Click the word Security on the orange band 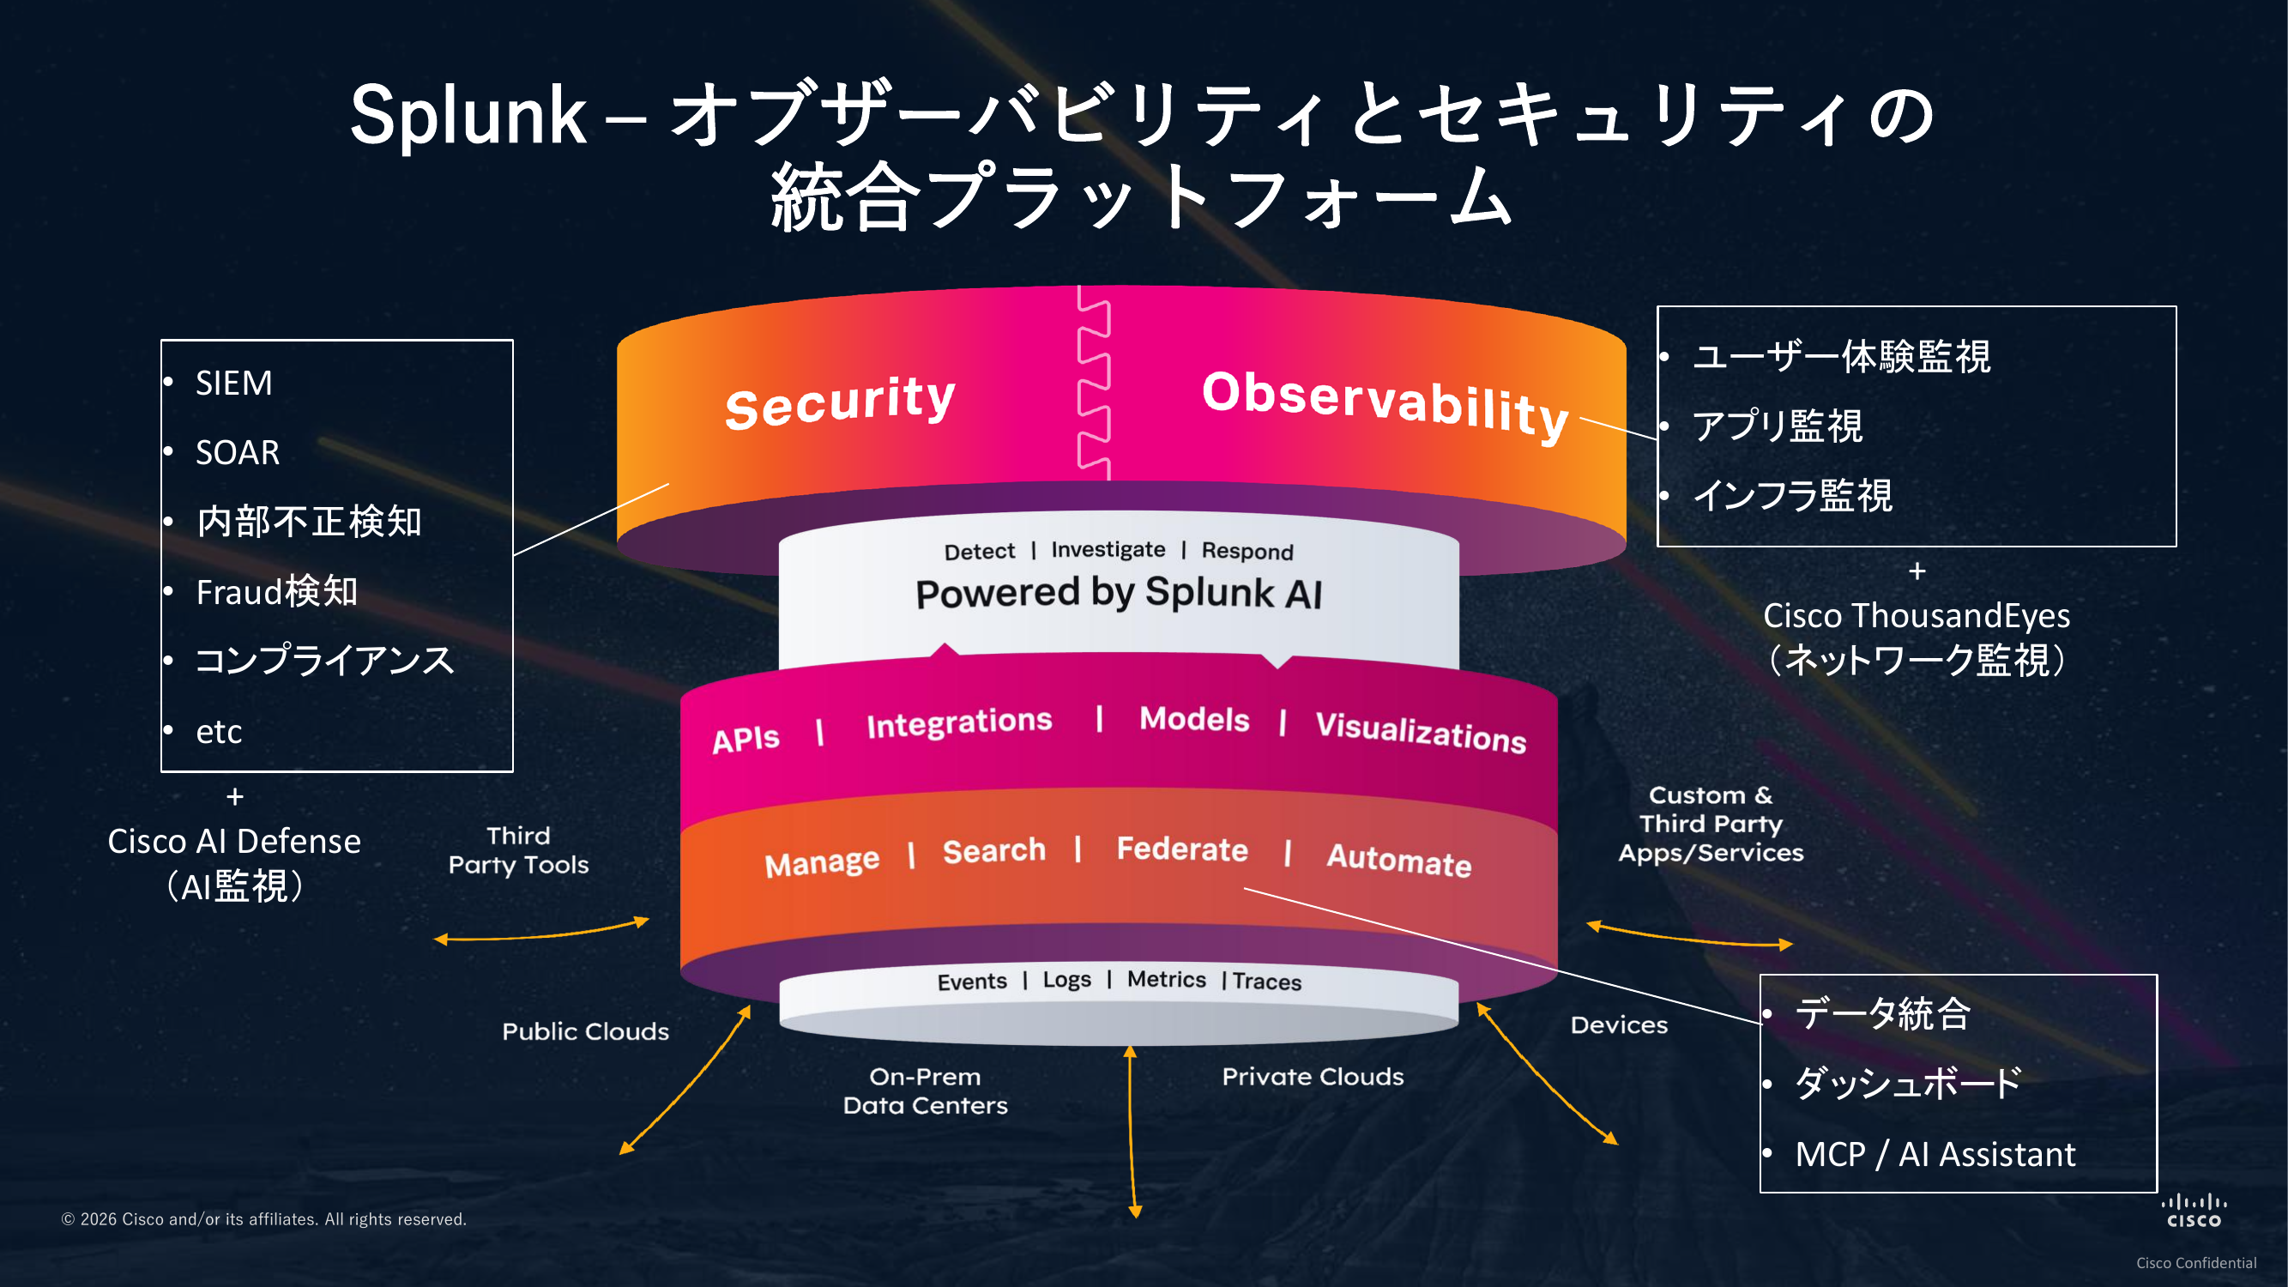[x=839, y=402]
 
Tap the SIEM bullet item [x=233, y=384]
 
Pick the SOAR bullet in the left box [x=237, y=453]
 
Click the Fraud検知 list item [x=276, y=591]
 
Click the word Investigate [x=1108, y=551]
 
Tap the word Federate [x=1181, y=849]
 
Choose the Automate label [x=1398, y=860]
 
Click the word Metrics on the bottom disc [x=1166, y=979]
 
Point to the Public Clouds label [x=585, y=1031]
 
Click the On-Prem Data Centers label [x=925, y=1091]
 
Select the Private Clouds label [x=1312, y=1077]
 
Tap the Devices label [x=1618, y=1025]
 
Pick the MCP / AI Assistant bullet [x=1935, y=1154]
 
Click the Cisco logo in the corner [x=2193, y=1211]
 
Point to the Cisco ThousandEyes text [x=1916, y=615]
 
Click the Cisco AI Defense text [x=234, y=841]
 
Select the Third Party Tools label [x=519, y=850]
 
